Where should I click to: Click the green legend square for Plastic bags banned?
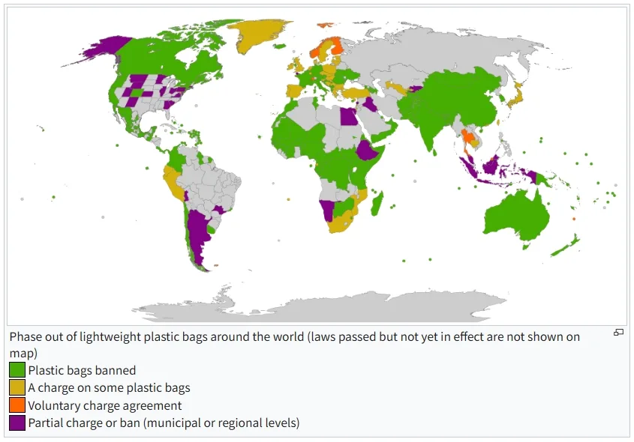17,370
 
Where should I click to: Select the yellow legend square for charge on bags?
17,388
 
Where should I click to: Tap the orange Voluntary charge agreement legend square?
17,405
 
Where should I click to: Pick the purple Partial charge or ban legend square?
17,423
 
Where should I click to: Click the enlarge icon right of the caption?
619,333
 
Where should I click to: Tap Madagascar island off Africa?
377,203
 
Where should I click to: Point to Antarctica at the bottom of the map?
323,308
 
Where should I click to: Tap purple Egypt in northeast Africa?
349,118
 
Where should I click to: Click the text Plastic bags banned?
82,370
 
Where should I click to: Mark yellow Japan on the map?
516,98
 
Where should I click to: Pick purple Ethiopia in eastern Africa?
366,152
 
